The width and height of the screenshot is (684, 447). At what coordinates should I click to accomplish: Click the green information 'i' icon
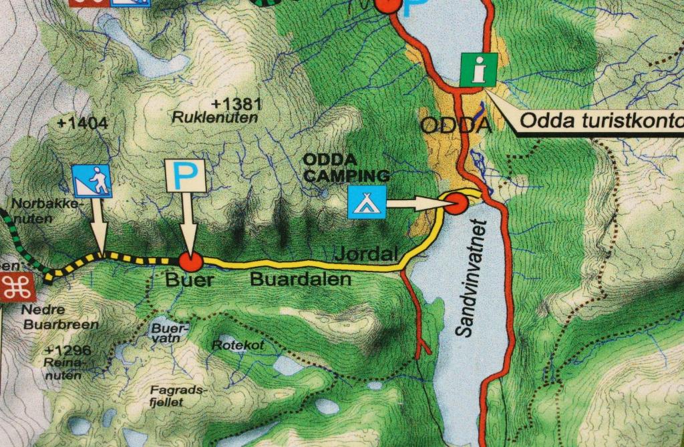[x=478, y=69]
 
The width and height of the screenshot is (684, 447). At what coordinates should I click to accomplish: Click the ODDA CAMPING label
[x=346, y=168]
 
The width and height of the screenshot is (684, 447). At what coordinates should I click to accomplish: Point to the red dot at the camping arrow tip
[x=456, y=203]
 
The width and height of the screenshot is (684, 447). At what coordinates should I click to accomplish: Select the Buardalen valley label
[x=301, y=280]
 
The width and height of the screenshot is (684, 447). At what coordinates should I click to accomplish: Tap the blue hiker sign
[x=92, y=180]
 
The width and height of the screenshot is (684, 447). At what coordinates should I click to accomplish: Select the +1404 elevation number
[x=83, y=123]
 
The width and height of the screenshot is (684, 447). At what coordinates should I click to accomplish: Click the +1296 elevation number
[x=68, y=351]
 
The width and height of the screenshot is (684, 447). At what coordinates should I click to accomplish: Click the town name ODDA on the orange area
[x=456, y=125]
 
